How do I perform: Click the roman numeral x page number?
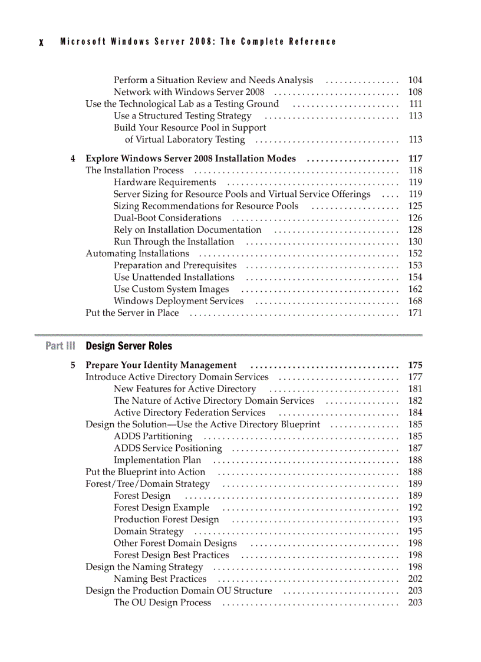41,42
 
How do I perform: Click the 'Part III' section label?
60,346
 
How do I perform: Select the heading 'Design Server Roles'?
129,346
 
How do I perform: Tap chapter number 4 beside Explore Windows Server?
73,159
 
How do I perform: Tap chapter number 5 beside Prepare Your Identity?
73,365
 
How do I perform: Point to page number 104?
415,80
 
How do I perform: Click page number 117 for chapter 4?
415,159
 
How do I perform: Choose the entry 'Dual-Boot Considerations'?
167,218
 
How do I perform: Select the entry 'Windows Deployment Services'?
179,301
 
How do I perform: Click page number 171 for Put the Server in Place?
415,313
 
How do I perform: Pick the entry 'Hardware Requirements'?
165,183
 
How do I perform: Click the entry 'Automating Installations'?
137,253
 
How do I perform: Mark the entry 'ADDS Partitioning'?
153,437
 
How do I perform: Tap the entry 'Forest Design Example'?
162,508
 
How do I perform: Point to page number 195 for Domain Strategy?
415,532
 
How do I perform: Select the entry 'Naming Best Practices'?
160,579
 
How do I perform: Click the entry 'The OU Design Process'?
162,602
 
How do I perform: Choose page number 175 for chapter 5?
415,365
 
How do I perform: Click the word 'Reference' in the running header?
312,42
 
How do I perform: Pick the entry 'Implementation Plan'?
157,460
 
